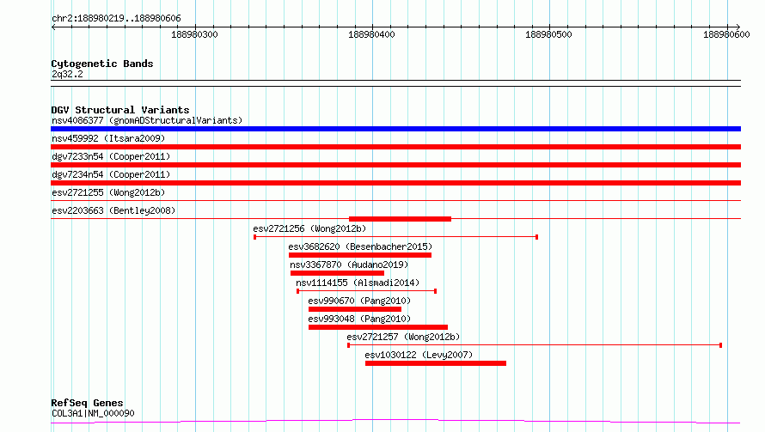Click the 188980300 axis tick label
coord(194,34)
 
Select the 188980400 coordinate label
coord(371,34)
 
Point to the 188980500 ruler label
coord(548,34)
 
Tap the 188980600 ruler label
coord(726,34)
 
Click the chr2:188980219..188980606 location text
coord(116,19)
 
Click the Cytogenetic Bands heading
coord(102,64)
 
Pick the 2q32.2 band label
coord(67,74)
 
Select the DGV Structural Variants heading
coord(120,110)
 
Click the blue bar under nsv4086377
coord(395,129)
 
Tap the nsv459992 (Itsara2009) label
coord(108,138)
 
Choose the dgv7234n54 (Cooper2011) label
coord(111,174)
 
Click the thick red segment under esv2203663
coord(400,219)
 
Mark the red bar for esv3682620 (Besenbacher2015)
coord(360,255)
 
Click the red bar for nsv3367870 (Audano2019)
coord(337,273)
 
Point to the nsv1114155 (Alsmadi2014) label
coord(358,283)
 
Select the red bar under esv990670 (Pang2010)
coord(355,309)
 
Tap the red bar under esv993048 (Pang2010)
coord(378,327)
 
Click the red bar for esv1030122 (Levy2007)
coord(436,363)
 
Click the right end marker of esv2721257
coord(720,345)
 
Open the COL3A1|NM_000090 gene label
coord(93,413)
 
